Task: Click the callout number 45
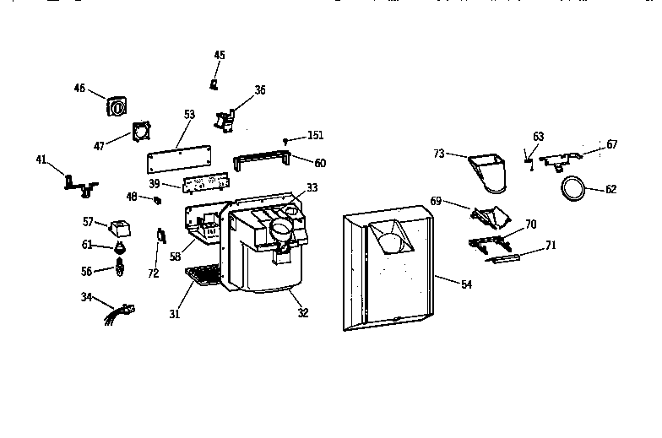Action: click(220, 55)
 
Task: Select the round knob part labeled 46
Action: click(117, 105)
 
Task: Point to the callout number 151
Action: click(315, 135)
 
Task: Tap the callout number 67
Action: click(612, 144)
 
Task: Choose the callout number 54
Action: click(466, 284)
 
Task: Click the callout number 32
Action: click(302, 313)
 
